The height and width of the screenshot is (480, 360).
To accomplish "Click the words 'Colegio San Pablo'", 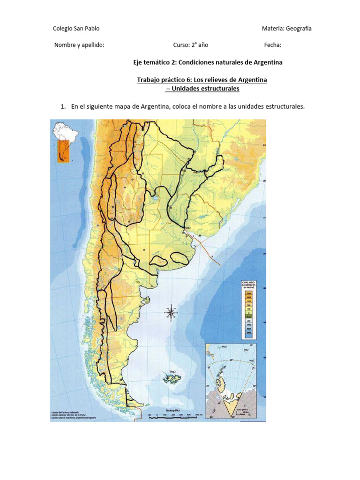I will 76,29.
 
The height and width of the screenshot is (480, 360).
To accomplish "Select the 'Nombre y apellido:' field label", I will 79,45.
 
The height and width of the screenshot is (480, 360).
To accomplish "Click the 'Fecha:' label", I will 273,45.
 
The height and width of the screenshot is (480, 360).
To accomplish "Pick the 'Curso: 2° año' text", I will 190,45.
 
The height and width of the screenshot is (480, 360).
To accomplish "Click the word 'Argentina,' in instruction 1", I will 156,106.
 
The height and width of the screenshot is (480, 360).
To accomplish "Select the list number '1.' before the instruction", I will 63,106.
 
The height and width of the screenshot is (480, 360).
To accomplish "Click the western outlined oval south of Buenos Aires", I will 160,261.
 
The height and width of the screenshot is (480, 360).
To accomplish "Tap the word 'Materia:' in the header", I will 274,29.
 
